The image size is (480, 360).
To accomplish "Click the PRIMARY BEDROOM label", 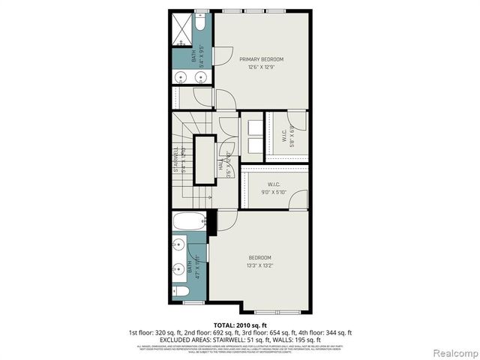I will click(262, 58).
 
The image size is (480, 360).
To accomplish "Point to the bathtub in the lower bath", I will click(187, 223).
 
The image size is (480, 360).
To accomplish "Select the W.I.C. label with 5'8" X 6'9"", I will click(285, 137).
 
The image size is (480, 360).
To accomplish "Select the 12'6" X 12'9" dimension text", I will click(262, 67).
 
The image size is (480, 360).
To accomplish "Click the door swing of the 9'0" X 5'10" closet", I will click(298, 200).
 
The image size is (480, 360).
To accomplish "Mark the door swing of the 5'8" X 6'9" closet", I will click(298, 120).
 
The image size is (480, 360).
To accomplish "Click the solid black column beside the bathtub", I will click(212, 220).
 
